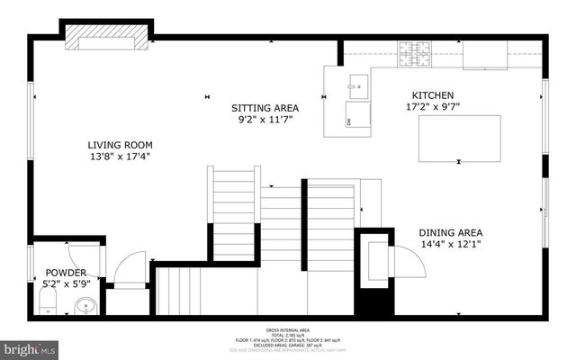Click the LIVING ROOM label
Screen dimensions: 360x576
pyautogui.click(x=119, y=145)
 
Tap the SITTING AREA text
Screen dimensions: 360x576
pyautogui.click(x=267, y=108)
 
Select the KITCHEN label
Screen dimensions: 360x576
pyautogui.click(x=432, y=95)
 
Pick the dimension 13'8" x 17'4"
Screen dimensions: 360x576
pyautogui.click(x=119, y=156)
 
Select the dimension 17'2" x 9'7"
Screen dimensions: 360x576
pyautogui.click(x=432, y=106)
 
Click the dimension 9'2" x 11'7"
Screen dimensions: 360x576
pyautogui.click(x=267, y=119)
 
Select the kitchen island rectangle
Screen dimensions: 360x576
pyautogui.click(x=460, y=138)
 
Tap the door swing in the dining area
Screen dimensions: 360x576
pyautogui.click(x=407, y=261)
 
